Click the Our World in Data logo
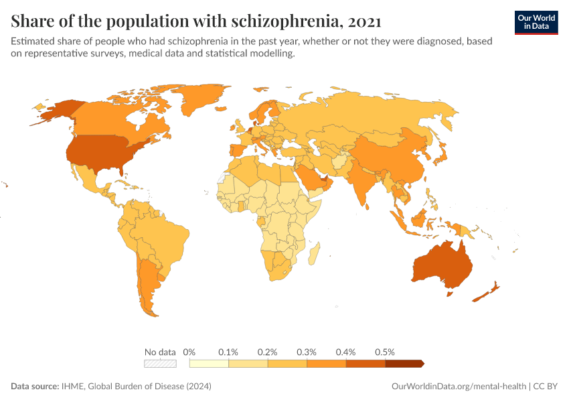pos(536,22)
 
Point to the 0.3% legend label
pos(307,352)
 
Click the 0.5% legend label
pos(385,352)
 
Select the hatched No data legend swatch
pos(161,364)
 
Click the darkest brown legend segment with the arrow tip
pos(404,364)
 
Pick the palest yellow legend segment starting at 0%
pos(209,364)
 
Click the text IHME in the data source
pos(74,387)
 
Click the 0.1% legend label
pos(228,352)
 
